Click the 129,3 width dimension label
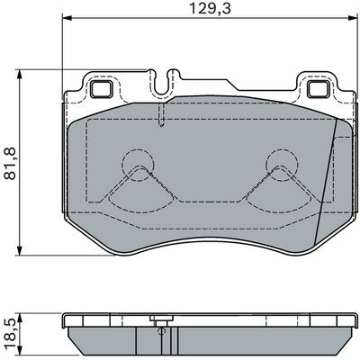point(210,9)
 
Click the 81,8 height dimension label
point(10,164)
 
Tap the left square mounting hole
point(102,89)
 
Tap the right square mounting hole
point(319,89)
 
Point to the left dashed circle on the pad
point(138,165)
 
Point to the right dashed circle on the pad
point(282,165)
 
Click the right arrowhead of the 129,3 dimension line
point(353,19)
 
